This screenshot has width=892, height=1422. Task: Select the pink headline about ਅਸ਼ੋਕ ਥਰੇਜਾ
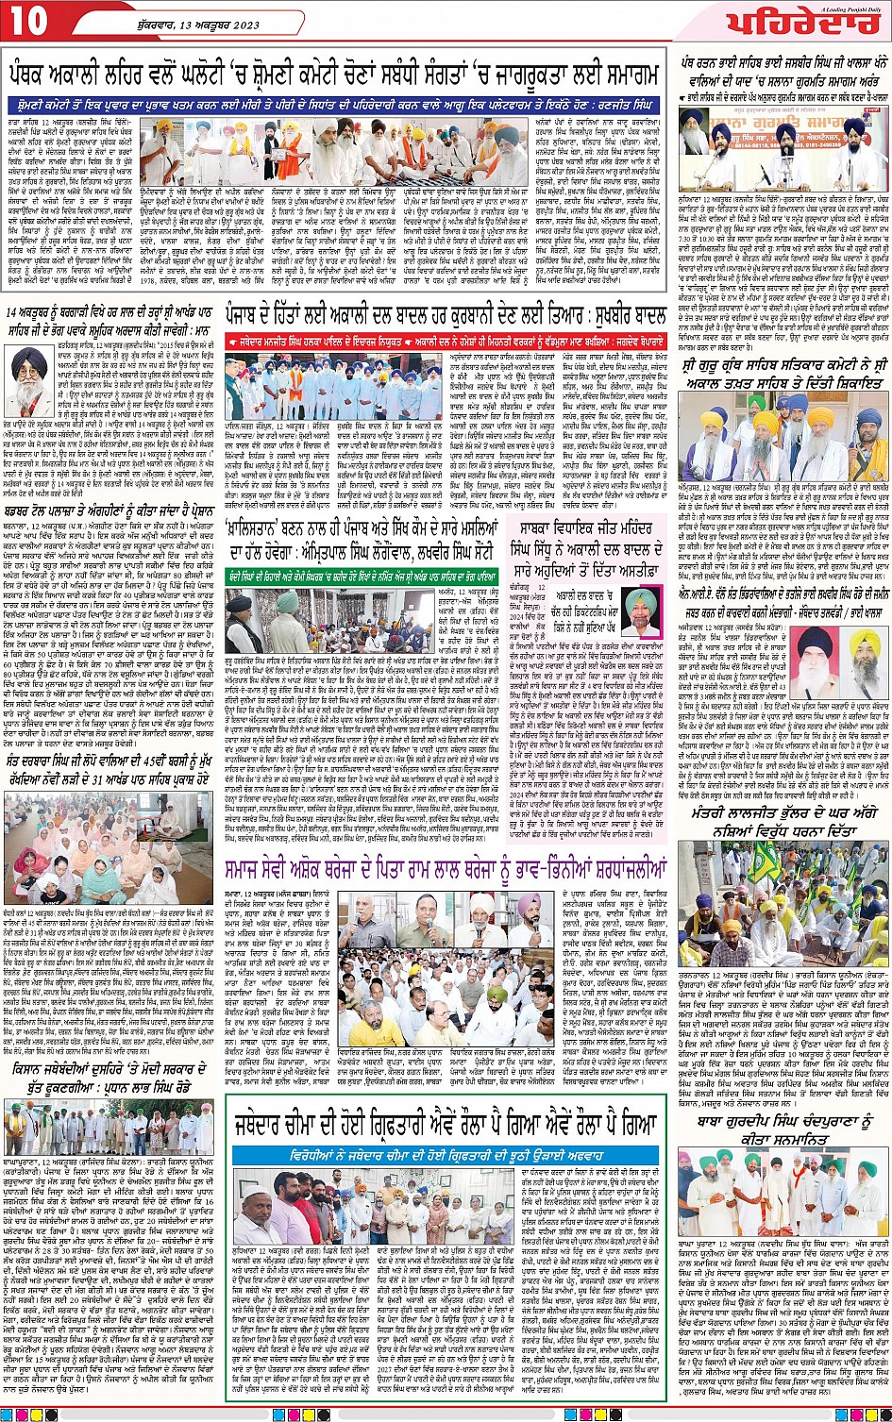(445, 865)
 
